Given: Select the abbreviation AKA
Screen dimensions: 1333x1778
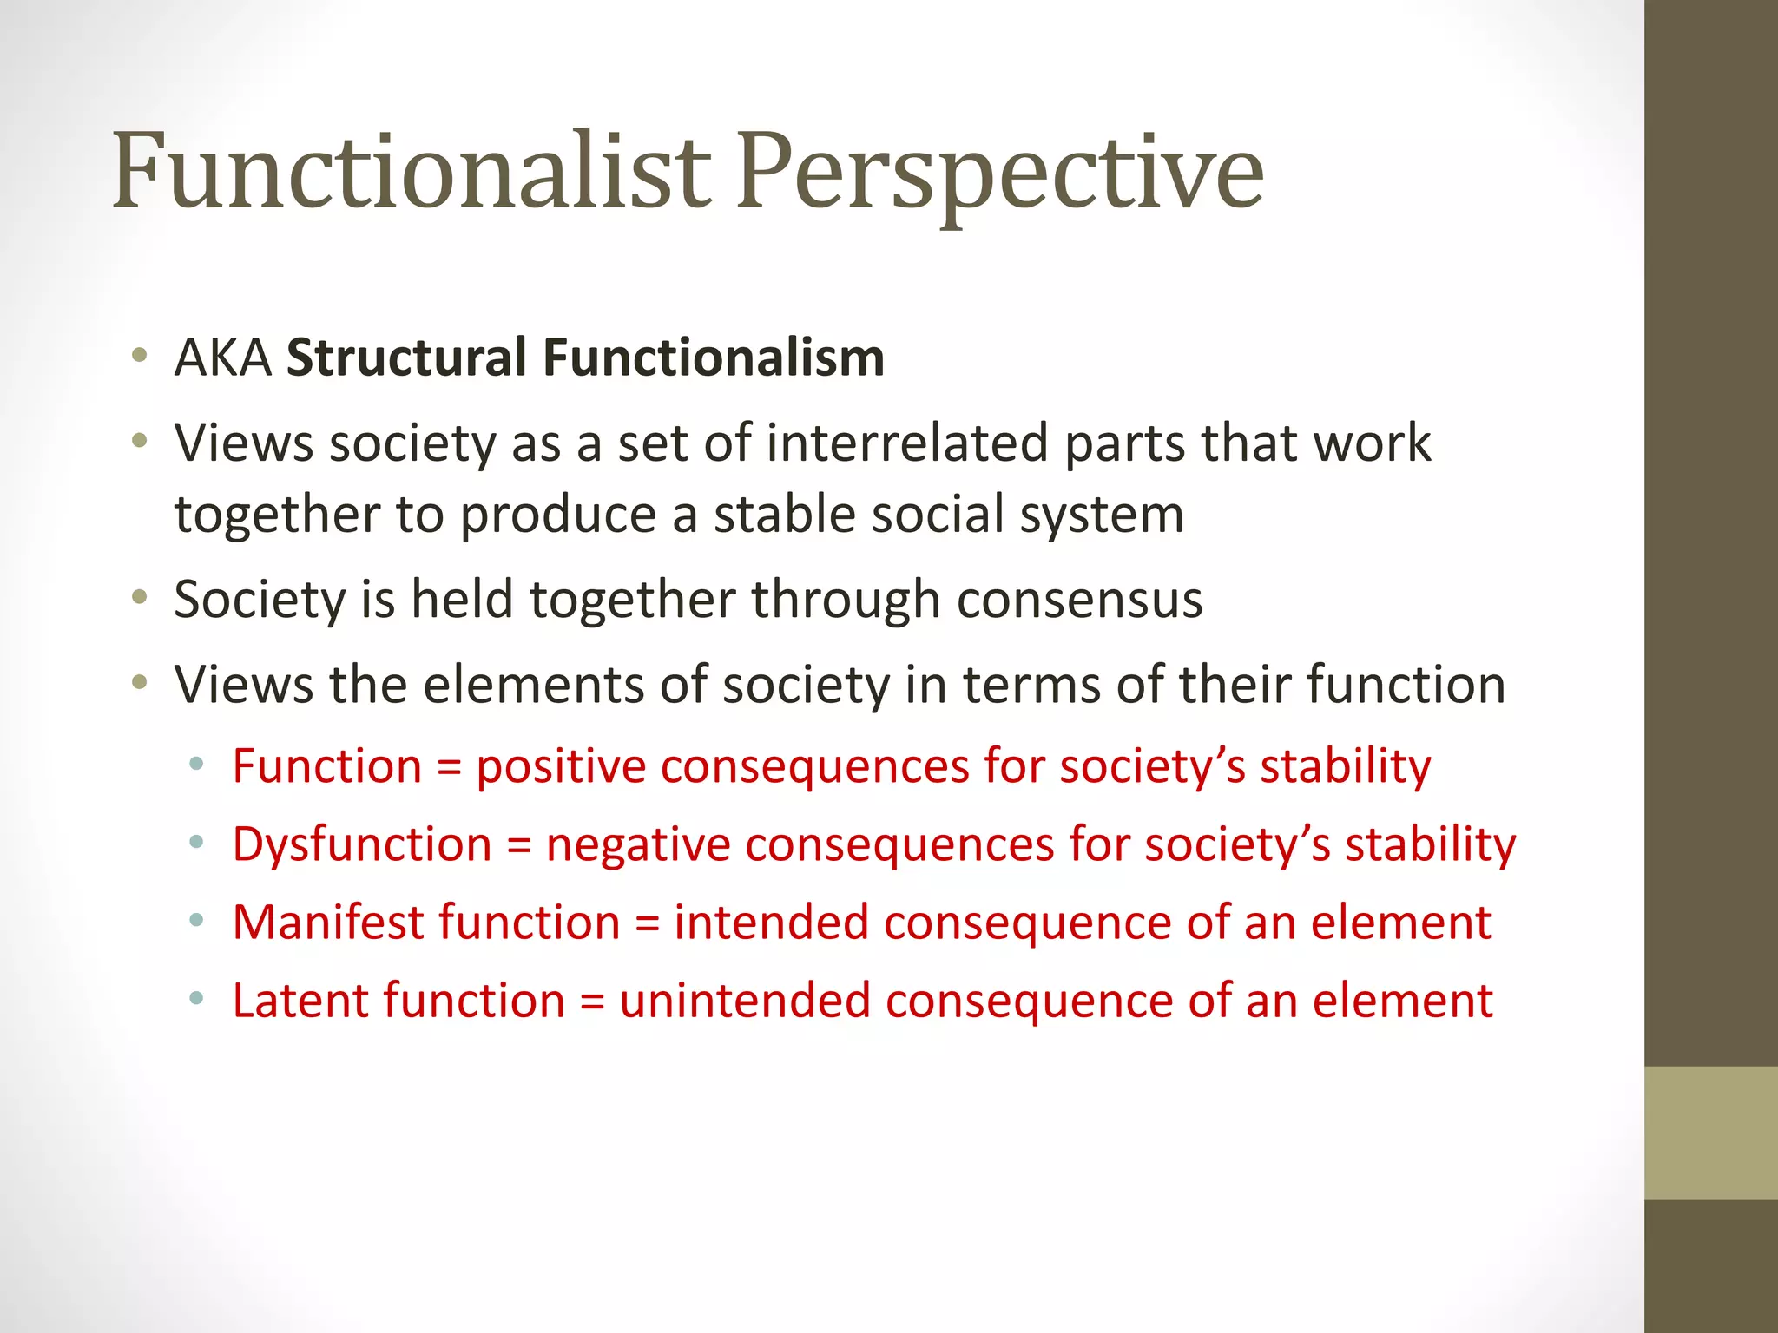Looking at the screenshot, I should [223, 358].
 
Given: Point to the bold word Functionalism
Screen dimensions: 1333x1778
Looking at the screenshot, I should [714, 358].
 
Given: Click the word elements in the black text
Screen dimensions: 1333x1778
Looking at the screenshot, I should [533, 685].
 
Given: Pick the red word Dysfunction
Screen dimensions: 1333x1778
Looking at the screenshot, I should [362, 844].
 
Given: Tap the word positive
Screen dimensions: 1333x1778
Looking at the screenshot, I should [561, 767].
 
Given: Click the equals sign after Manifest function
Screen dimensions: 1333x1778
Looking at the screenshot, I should [648, 923].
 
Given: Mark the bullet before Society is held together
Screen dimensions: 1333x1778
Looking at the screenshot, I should [139, 597].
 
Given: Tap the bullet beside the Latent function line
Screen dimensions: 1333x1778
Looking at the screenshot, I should [197, 999].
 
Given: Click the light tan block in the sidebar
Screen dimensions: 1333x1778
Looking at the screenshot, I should [1710, 1133].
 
